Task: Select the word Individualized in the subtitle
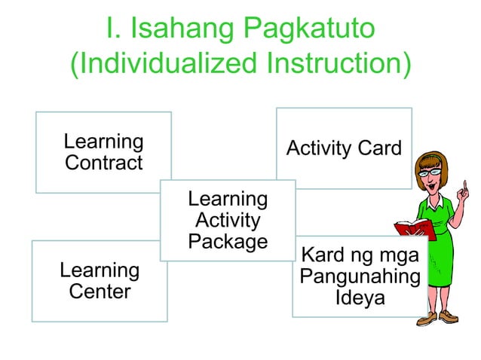pyautogui.click(x=157, y=64)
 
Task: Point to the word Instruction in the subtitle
pyautogui.click(x=328, y=64)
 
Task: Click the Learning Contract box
pyautogui.click(x=103, y=151)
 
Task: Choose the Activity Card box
pyautogui.click(x=344, y=148)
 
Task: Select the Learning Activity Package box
pyautogui.click(x=227, y=220)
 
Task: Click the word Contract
pyautogui.click(x=103, y=163)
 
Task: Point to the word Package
pyautogui.click(x=227, y=242)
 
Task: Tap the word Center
pyautogui.click(x=100, y=291)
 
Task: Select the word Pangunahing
pyautogui.click(x=360, y=276)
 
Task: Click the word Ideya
pyautogui.click(x=360, y=298)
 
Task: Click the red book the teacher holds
pyautogui.click(x=414, y=227)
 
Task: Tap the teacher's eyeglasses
pyautogui.click(x=430, y=172)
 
